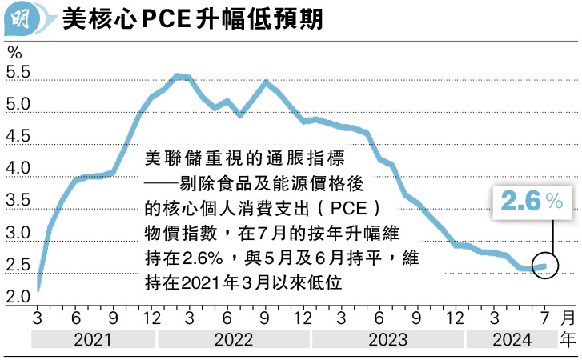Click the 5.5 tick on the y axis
coord(18,73)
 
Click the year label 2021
coord(93,340)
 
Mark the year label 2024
coord(513,340)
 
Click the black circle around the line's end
coord(546,266)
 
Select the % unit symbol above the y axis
coord(14,52)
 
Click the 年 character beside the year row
coord(568,340)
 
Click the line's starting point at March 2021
coord(39,290)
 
